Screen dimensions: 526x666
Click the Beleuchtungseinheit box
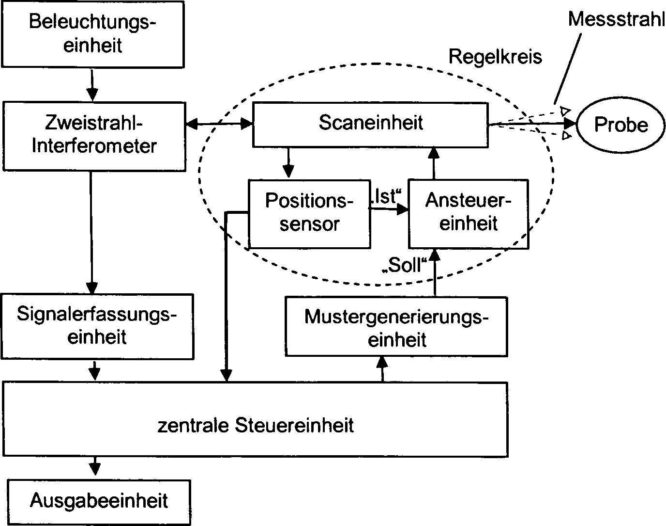(93, 34)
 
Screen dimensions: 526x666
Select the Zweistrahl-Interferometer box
(94, 136)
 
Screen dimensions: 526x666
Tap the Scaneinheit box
(370, 124)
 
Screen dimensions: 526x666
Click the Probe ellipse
(621, 125)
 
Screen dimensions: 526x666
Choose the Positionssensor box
(309, 213)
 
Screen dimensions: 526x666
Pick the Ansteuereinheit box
(468, 213)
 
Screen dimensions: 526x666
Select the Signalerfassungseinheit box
(97, 326)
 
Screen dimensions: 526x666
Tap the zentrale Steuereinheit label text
(256, 425)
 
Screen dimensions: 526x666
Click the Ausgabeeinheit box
(99, 501)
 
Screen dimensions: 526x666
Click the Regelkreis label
(495, 57)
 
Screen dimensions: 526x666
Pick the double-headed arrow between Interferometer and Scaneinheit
(219, 125)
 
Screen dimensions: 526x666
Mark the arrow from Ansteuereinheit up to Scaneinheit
(434, 163)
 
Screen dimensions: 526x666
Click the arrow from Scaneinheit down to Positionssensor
(288, 163)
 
